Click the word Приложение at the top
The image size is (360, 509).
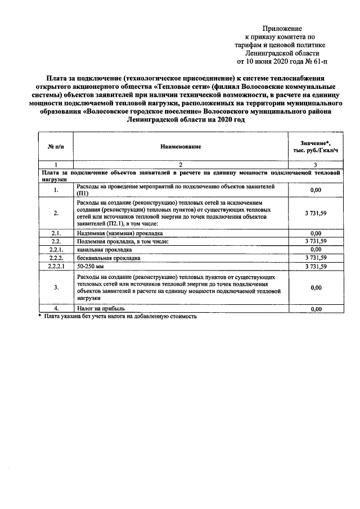coord(282,28)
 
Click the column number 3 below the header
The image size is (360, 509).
coord(315,164)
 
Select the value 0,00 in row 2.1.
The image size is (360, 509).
coord(315,233)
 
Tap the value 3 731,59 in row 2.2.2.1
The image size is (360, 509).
coord(315,267)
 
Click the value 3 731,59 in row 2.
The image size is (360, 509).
coord(315,213)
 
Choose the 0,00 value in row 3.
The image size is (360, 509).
coord(315,287)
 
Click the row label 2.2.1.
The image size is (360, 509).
coord(56,249)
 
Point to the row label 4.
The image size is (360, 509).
coord(56,309)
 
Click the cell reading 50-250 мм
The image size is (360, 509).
coord(88,267)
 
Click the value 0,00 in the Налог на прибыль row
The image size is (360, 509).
coord(315,309)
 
